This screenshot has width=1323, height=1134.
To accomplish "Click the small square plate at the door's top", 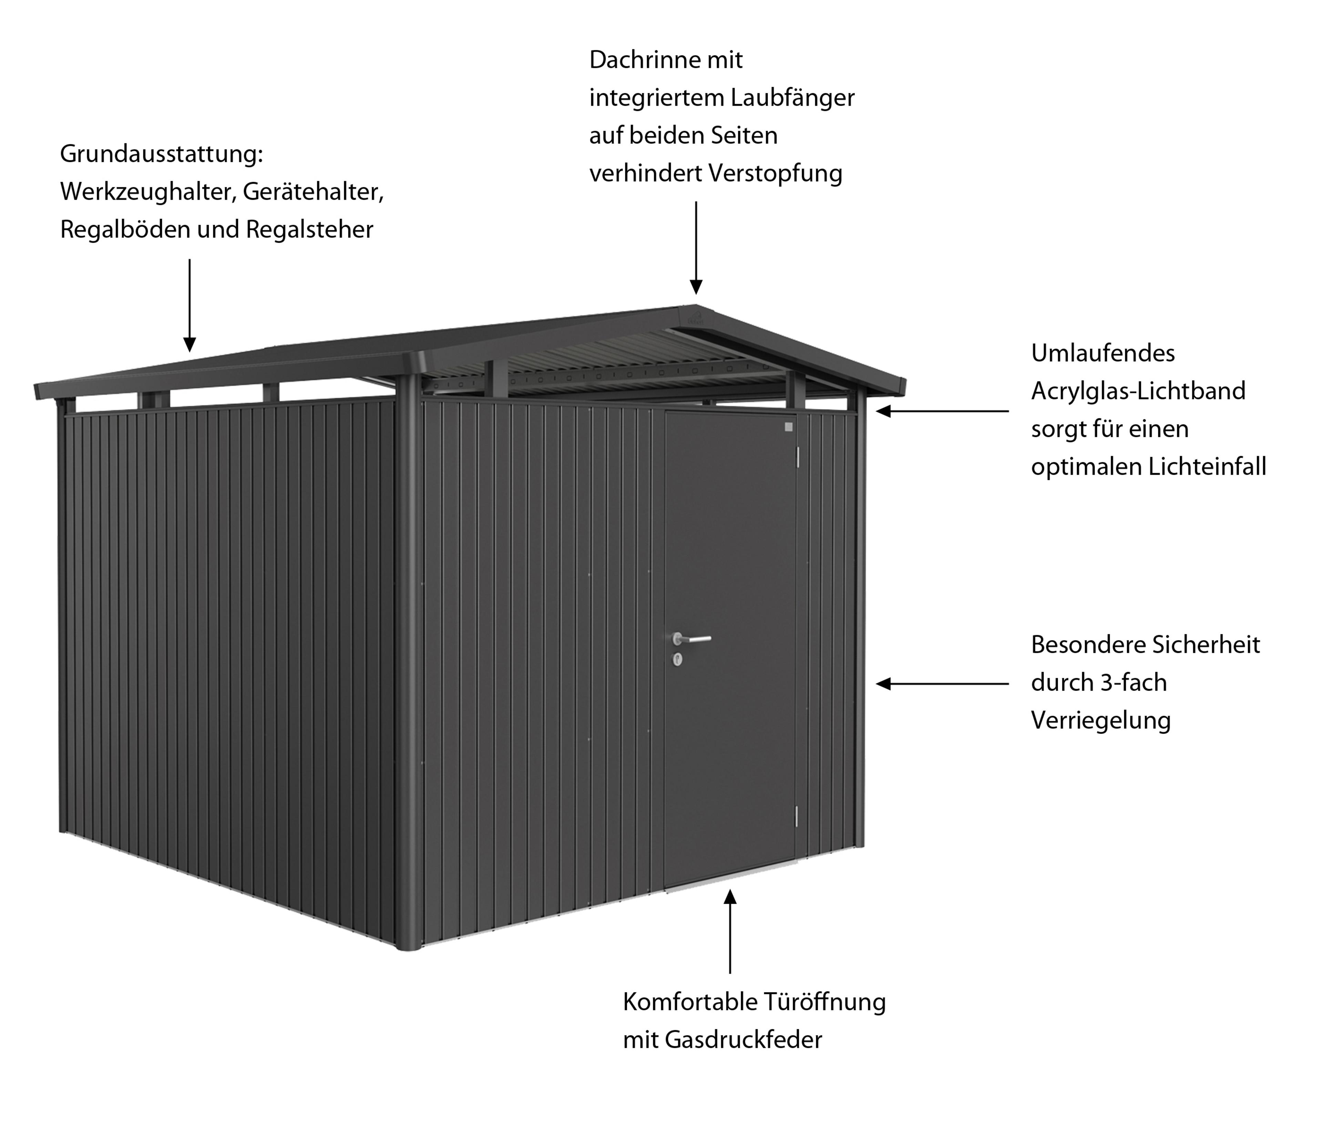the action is click(788, 427).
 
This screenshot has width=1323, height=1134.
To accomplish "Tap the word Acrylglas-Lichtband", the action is click(1138, 391).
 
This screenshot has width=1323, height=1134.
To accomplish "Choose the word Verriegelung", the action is click(1101, 721).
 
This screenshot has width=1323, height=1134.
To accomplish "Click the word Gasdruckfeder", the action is click(743, 1040).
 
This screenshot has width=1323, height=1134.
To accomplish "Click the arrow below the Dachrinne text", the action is click(696, 248).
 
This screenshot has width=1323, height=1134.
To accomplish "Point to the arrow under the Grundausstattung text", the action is click(189, 305).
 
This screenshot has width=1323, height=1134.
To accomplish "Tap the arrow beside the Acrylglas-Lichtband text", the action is click(942, 411).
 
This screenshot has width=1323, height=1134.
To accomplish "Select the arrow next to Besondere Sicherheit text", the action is click(942, 684).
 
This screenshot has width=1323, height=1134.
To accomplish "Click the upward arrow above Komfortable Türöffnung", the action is click(730, 932).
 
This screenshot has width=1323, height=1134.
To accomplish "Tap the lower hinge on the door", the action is click(796, 815).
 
